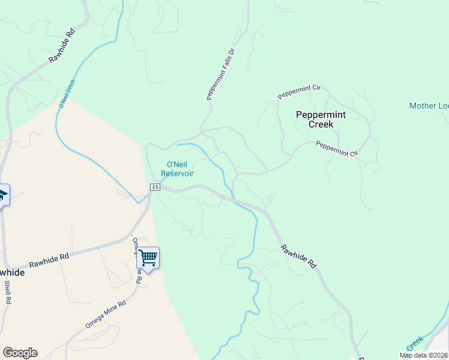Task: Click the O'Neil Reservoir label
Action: coord(179,169)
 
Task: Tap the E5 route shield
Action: coord(155,188)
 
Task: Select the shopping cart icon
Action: coord(148,259)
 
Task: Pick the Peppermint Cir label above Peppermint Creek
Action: coord(299,92)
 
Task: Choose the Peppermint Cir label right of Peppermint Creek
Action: coord(336,149)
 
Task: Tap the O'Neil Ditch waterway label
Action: coord(67,93)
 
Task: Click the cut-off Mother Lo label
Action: coord(429,106)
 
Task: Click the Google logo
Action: coord(20,353)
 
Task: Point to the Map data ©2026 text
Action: coord(424,355)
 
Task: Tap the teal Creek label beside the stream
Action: coord(415,344)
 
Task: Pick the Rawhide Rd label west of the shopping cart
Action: coord(49,260)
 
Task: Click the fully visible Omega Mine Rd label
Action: coord(105,314)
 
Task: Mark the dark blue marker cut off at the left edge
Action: coord(3,194)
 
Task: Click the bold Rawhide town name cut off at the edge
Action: coord(12,272)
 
